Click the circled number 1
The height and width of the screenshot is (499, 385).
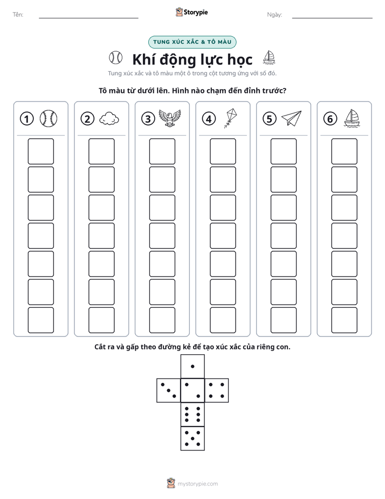tap(26, 119)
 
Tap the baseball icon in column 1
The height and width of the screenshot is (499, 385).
tap(49, 119)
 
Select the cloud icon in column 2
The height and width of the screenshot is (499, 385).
tap(109, 119)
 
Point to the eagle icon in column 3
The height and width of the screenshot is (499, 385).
tap(170, 118)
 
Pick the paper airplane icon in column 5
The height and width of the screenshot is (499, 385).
tap(292, 118)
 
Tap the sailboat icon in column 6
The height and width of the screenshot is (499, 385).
tap(352, 118)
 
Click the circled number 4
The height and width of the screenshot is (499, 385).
tap(209, 119)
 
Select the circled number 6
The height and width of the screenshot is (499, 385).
tap(330, 119)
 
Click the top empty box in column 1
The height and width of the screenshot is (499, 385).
tap(40, 151)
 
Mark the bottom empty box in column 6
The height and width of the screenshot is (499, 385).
tap(345, 320)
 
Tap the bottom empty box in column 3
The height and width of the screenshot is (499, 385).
tap(162, 320)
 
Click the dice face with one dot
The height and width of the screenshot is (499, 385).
tap(192, 367)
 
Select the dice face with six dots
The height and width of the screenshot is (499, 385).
tap(192, 415)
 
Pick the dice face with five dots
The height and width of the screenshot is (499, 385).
tap(192, 439)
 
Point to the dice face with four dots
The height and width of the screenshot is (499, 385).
tap(217, 390)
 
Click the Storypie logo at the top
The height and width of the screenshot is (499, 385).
tap(191, 12)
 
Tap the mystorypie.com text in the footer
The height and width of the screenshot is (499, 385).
tap(197, 484)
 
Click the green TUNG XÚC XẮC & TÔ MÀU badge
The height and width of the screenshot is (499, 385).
tap(192, 42)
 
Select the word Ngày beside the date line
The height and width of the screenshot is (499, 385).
tap(274, 15)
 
